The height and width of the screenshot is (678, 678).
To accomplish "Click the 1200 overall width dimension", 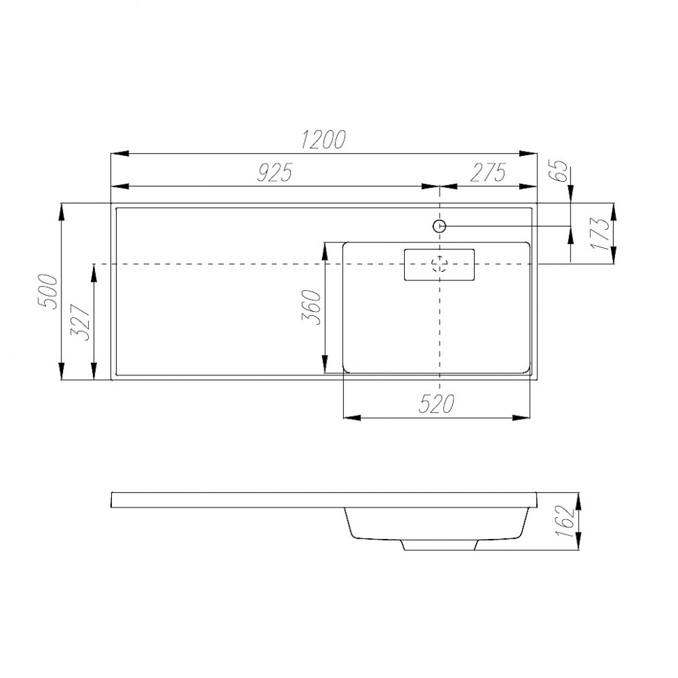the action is coord(324,139).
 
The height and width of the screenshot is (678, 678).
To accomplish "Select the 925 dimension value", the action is coord(275,172).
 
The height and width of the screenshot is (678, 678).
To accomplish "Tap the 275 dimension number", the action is coord(488,172).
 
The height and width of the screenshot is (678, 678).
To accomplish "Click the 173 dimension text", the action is coord(600,233).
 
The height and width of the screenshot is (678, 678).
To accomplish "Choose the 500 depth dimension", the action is coord(48,291).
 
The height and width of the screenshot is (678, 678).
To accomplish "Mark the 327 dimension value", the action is coord(81,322).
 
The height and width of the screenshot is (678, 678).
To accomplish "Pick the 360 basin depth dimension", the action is coord(311,308).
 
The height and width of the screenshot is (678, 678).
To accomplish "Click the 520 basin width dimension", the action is coord(436,404).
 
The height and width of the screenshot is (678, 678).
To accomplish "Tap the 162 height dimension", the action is coord(565,521).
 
